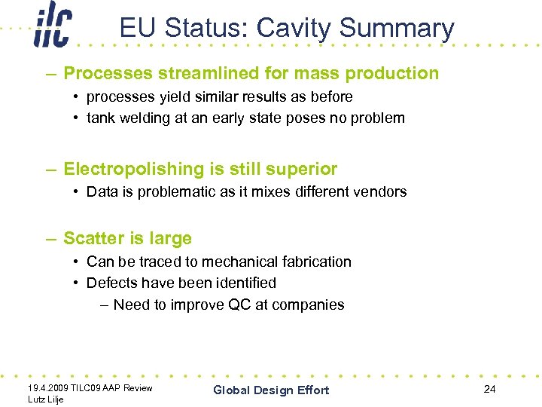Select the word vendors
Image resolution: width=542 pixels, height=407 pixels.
(381, 191)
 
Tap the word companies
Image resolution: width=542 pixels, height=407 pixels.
(309, 305)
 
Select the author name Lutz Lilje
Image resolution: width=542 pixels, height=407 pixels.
(44, 399)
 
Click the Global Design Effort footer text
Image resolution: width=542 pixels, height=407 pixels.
(271, 390)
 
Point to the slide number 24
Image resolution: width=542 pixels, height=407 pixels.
(490, 389)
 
